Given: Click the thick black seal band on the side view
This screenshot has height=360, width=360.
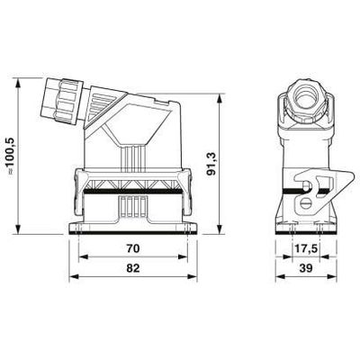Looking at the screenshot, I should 133,192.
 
